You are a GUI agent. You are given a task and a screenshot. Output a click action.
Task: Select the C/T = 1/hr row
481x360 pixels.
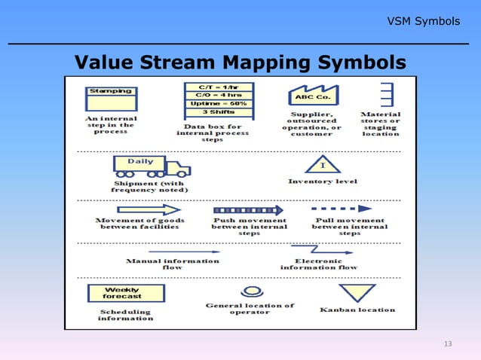tap(219, 87)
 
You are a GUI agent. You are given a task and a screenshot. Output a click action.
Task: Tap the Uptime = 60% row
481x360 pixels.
tap(219, 103)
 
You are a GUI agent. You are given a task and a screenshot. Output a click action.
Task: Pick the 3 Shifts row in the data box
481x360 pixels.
tap(219, 112)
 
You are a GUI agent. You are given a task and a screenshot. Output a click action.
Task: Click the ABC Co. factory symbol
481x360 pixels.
tap(313, 96)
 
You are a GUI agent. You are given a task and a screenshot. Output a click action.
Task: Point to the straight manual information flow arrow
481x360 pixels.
tap(174, 251)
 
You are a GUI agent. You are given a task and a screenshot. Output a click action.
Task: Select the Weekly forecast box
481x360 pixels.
tap(122, 293)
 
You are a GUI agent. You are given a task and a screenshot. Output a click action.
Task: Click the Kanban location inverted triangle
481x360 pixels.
tap(357, 292)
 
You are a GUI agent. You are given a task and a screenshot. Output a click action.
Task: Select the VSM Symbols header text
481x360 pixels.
tap(423, 21)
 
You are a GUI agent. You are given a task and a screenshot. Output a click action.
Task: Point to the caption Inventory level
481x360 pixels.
tap(323, 182)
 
